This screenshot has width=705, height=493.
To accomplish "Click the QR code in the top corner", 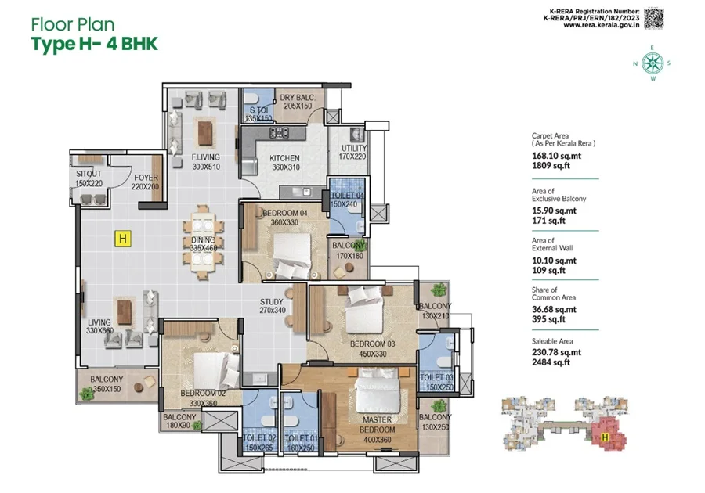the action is point(653,19).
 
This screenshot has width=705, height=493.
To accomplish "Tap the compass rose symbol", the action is point(653,63).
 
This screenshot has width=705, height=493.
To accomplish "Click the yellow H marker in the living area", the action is point(123,239).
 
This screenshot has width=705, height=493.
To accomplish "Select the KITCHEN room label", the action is point(284,158).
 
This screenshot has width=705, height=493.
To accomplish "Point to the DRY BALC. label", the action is point(298,98).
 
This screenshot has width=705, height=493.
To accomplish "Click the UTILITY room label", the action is point(354,148).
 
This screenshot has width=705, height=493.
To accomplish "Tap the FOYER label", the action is point(146,178).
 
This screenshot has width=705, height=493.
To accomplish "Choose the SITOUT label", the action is point(89,174).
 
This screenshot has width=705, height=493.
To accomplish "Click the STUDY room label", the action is point(272,302).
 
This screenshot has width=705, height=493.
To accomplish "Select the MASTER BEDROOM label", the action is point(378,424).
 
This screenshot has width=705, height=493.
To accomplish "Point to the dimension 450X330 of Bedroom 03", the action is point(373,354).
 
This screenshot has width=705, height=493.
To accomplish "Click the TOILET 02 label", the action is point(259,437).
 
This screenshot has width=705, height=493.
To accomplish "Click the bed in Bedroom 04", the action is point(292,255).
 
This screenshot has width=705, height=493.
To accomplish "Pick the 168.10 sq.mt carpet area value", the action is point(556,156).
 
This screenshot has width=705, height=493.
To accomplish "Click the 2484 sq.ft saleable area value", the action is point(551,362).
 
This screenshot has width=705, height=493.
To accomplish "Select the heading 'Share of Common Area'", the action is point(554,293).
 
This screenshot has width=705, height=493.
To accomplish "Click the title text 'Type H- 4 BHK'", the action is point(95,45).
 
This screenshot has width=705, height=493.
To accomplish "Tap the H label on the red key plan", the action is point(606,437).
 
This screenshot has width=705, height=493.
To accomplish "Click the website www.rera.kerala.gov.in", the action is point(601,25).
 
